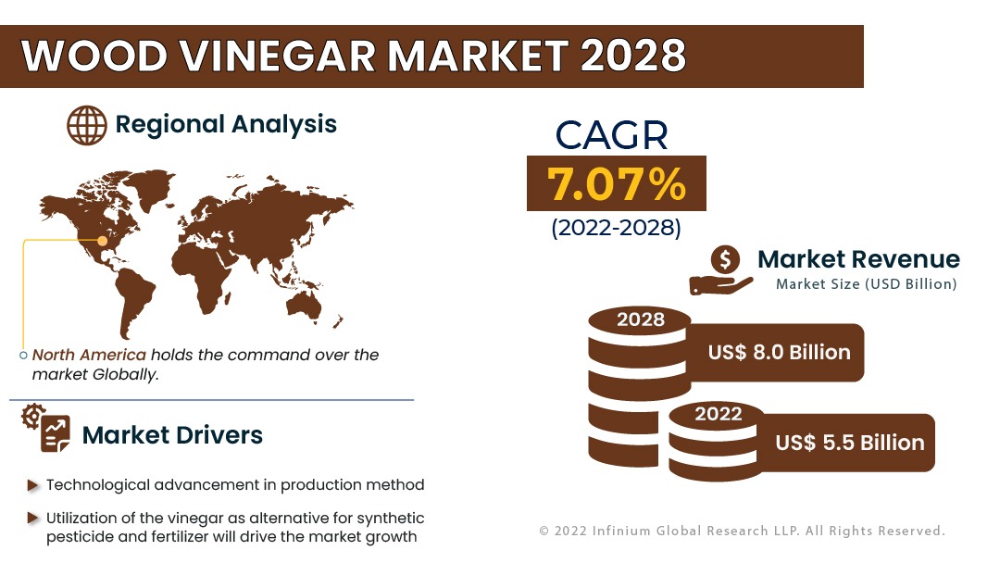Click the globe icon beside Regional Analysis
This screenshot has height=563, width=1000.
click(x=87, y=125)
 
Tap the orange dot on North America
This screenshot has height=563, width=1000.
click(x=102, y=241)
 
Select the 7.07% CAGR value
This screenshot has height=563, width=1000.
click(x=616, y=183)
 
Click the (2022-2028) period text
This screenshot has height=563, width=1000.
click(x=616, y=228)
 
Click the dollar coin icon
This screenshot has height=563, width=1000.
click(x=725, y=260)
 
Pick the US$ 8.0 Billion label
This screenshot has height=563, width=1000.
click(x=779, y=352)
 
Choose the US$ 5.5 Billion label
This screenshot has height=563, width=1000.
click(x=849, y=443)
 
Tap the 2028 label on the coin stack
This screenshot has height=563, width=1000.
click(x=641, y=319)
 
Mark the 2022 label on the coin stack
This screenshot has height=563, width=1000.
click(x=719, y=414)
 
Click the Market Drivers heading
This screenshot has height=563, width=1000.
click(x=172, y=435)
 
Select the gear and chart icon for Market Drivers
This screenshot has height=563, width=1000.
click(x=46, y=427)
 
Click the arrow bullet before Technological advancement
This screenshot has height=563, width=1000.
click(x=33, y=486)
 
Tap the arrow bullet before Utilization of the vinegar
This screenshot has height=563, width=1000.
click(x=33, y=518)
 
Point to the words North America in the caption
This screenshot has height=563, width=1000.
click(x=89, y=355)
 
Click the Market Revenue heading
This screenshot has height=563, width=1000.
click(x=858, y=259)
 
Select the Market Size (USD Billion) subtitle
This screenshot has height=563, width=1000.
click(x=866, y=284)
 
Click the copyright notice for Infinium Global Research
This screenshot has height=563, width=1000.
click(x=743, y=531)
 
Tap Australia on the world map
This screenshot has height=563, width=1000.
click(x=304, y=306)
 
